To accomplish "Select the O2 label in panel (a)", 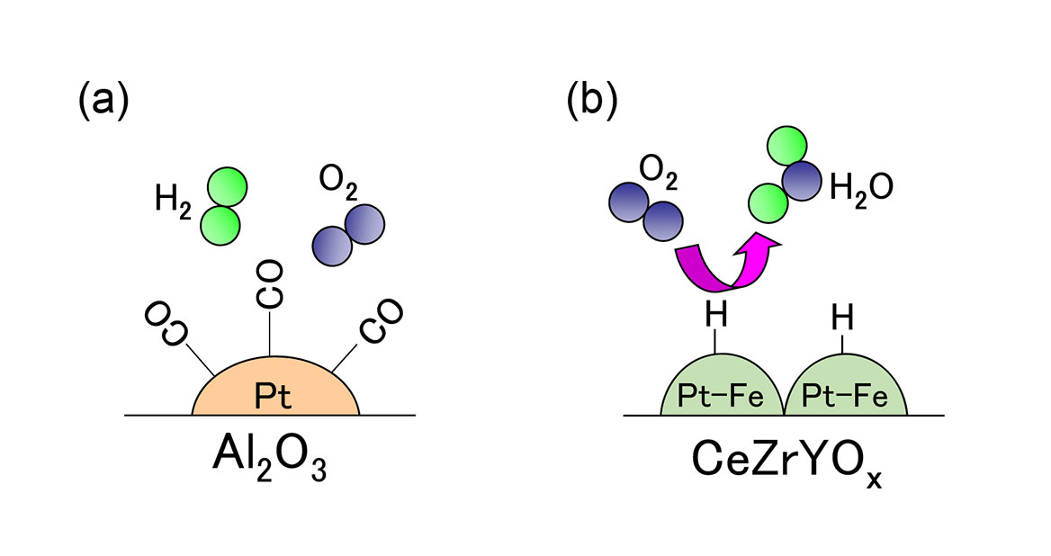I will (x=338, y=182).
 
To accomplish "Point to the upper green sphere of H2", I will (x=226, y=187).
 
